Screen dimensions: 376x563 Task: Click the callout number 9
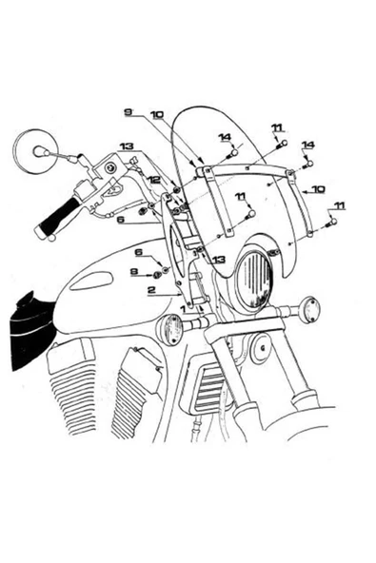tap(128, 112)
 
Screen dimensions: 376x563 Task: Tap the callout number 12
tap(154, 180)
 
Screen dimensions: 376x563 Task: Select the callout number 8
tap(134, 272)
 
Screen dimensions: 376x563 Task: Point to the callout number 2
tap(151, 290)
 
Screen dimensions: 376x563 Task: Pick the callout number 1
tap(184, 308)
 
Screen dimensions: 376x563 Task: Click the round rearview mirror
tap(35, 151)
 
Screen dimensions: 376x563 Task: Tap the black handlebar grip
tap(57, 218)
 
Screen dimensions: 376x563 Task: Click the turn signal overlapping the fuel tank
tap(170, 330)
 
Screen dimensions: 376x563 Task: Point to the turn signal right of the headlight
tap(309, 309)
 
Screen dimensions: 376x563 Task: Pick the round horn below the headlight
tap(261, 348)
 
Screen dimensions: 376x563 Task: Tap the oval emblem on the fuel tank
tap(91, 281)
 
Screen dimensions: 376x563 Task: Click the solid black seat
tap(31, 330)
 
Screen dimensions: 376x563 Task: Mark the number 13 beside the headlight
tap(218, 260)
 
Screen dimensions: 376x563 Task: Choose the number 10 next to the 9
tap(157, 115)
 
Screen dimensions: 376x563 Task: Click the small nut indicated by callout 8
tap(157, 275)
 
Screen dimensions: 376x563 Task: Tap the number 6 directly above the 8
tap(139, 252)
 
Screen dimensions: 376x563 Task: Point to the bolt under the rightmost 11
tap(331, 223)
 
